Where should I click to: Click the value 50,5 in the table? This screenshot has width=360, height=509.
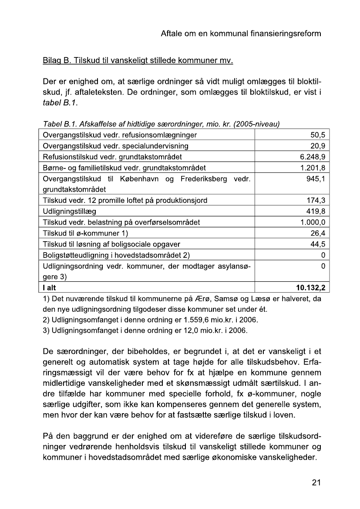pos(316,135)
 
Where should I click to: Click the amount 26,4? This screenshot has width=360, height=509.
pos(316,233)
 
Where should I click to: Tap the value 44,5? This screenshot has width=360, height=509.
pos(316,244)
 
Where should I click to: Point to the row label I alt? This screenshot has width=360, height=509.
pos(49,287)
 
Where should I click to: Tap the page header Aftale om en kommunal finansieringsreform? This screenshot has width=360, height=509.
pos(241,34)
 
